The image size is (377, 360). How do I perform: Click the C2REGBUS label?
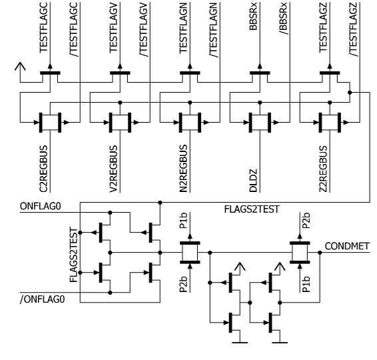pyautogui.click(x=43, y=169)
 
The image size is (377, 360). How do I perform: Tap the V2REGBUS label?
pyautogui.click(x=113, y=169)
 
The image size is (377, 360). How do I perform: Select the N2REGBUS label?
pyautogui.click(x=183, y=169)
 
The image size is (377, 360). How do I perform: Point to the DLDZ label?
pyautogui.click(x=253, y=181)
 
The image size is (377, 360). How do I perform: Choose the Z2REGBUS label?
pyautogui.click(x=323, y=169)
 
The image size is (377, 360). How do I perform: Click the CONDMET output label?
pyautogui.click(x=347, y=246)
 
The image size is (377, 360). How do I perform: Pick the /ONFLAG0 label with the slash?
pyautogui.click(x=43, y=299)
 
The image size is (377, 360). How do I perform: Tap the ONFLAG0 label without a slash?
pyautogui.click(x=41, y=206)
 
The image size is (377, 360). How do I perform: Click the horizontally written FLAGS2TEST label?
pyautogui.click(x=252, y=209)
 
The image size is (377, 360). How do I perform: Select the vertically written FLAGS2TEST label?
pyautogui.click(x=73, y=255)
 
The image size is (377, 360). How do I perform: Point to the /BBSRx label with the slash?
pyautogui.click(x=284, y=19)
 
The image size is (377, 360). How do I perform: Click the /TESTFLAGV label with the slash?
pyautogui.click(x=144, y=29)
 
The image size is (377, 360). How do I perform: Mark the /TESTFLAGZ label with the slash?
pyautogui.click(x=354, y=29)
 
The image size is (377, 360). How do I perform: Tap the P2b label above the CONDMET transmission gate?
pyautogui.click(x=306, y=221)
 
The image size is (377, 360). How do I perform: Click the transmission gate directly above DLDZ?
pyautogui.click(x=260, y=123)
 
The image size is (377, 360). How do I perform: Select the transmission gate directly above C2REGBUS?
pyautogui.click(x=50, y=123)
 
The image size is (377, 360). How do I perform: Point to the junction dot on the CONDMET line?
pyautogui.click(x=320, y=253)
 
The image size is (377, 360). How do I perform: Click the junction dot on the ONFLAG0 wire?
pyautogui.click(x=110, y=213)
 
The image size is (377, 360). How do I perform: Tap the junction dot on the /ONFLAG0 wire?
pyautogui.click(x=110, y=293)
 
